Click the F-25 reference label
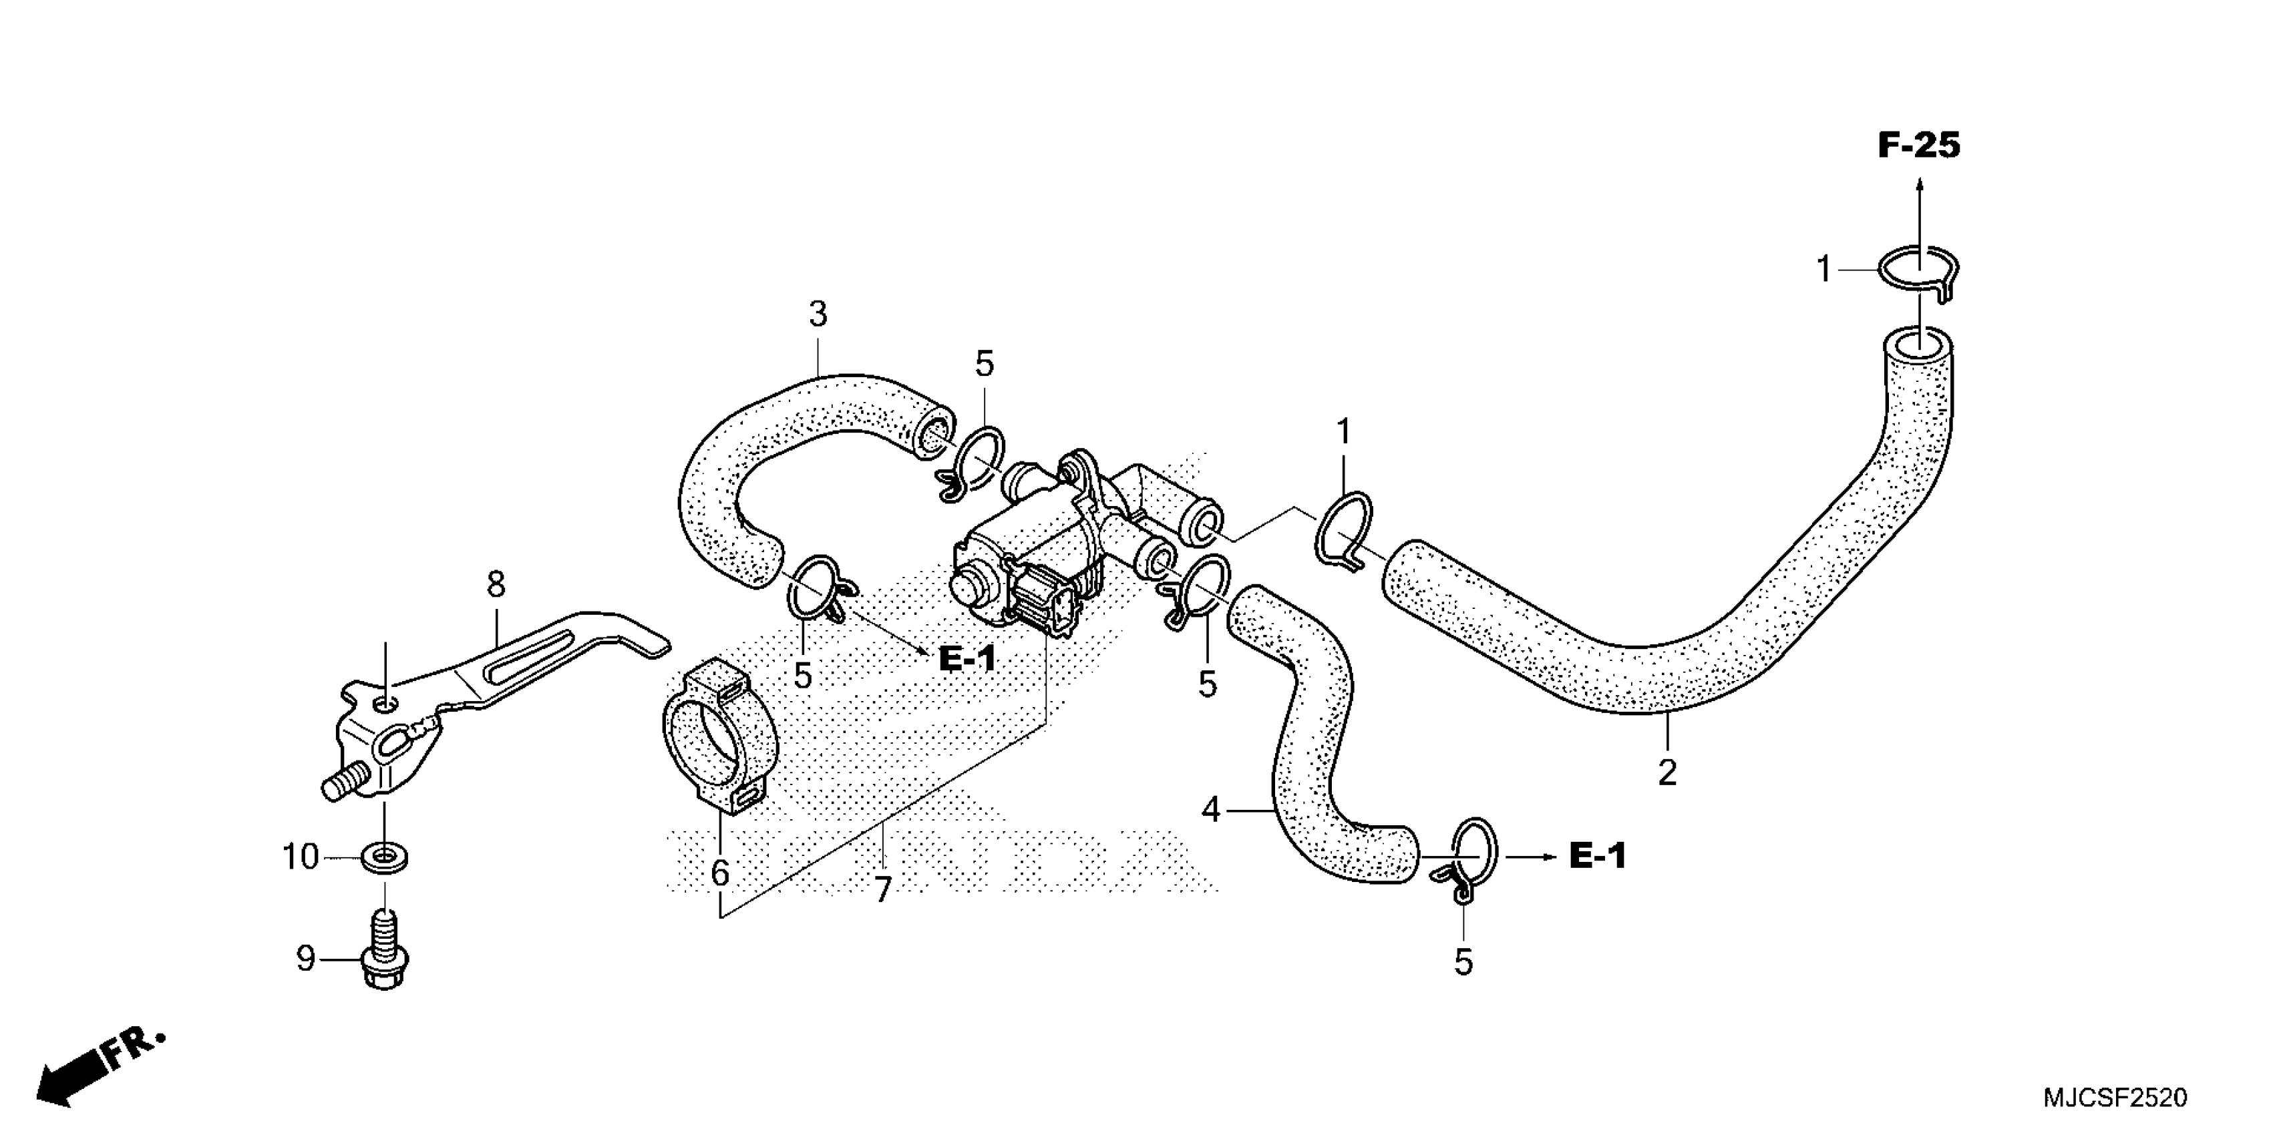1918,146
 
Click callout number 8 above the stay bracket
496,584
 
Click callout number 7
882,890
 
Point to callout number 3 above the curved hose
818,314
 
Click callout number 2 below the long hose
1667,773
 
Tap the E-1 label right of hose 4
1598,856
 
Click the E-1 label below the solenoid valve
967,658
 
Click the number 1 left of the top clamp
1824,269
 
